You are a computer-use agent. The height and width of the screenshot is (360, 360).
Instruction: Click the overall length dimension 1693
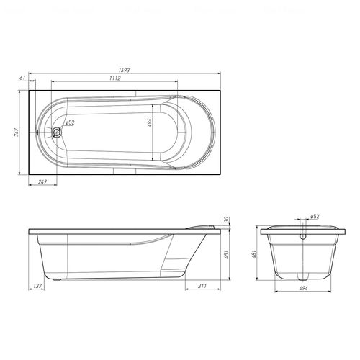124,70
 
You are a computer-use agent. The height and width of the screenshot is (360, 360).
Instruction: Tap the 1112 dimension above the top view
115,78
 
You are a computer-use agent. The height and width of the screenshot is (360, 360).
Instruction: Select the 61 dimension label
22,78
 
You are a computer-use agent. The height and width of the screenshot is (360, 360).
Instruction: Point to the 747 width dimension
16,132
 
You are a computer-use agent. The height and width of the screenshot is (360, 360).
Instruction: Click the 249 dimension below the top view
42,182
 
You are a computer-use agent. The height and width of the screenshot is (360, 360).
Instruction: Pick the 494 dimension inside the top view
150,122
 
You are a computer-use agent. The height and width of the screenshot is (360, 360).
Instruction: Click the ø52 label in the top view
70,122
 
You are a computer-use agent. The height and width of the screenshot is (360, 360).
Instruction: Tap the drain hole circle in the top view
57,132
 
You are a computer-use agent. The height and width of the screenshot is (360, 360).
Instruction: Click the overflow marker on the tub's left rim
37,132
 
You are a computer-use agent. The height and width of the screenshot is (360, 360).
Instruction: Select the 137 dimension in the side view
37,286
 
